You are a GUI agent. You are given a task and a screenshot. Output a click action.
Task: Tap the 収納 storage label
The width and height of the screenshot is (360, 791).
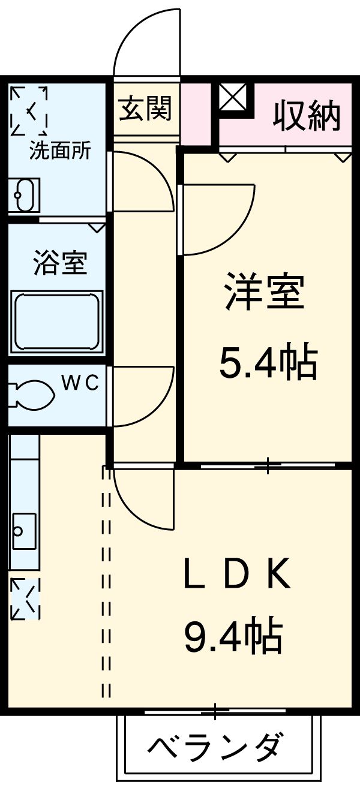click(x=307, y=116)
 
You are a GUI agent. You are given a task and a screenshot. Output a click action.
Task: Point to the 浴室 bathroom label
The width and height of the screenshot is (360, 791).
click(x=60, y=263)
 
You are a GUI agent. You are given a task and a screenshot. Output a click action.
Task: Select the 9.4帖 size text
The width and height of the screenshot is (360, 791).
click(x=233, y=637)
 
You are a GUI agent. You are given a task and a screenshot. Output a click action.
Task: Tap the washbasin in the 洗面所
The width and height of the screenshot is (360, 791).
click(x=24, y=196)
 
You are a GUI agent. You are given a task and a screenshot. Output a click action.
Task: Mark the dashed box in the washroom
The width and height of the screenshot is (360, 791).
click(x=29, y=111)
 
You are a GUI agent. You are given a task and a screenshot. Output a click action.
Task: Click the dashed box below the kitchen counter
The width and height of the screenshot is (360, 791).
click(x=25, y=598)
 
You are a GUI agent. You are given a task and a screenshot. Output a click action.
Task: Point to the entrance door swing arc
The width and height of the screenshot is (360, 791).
click(x=148, y=36)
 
